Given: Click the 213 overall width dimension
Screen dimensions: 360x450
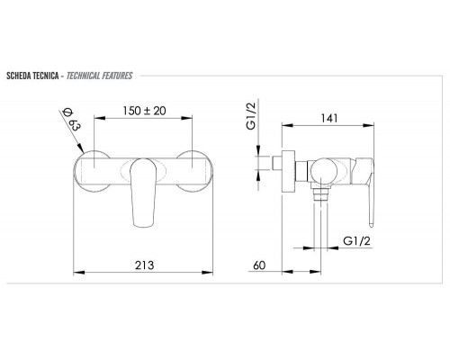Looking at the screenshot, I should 146,264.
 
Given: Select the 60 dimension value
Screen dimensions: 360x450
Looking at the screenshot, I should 260,264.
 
